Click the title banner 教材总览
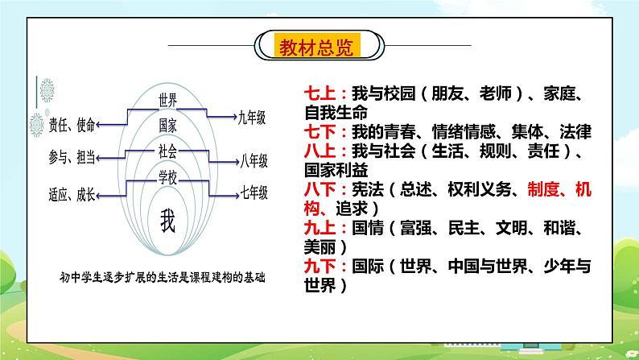[319, 44]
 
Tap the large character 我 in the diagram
[167, 219]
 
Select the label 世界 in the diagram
[167, 101]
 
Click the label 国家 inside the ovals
[167, 125]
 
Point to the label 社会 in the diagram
[167, 151]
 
